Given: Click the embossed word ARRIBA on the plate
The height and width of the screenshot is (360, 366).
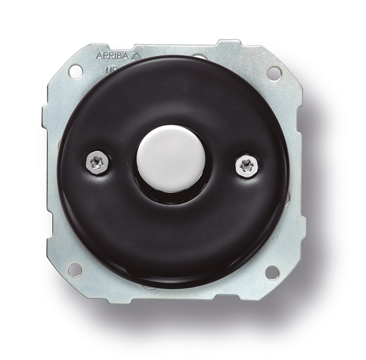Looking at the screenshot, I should [x=113, y=56].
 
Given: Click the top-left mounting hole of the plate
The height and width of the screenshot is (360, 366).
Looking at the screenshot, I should [x=75, y=71].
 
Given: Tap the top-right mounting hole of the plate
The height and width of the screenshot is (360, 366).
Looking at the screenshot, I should [x=274, y=73].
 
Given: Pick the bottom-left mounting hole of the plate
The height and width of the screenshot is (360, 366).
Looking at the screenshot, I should [x=74, y=270].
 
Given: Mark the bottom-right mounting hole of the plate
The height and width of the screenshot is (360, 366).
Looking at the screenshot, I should [x=272, y=272].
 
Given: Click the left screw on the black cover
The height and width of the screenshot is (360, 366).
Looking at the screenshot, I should [x=98, y=163].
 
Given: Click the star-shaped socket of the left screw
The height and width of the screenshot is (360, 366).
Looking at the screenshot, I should [x=98, y=163].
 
